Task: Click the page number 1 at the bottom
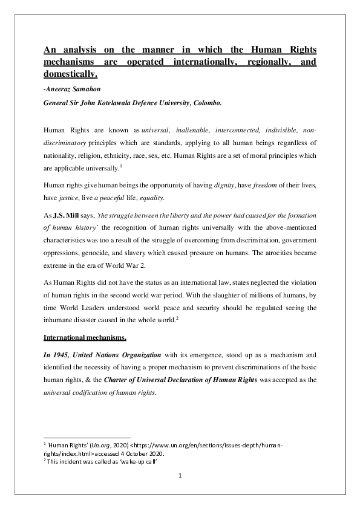pos(180,476)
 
